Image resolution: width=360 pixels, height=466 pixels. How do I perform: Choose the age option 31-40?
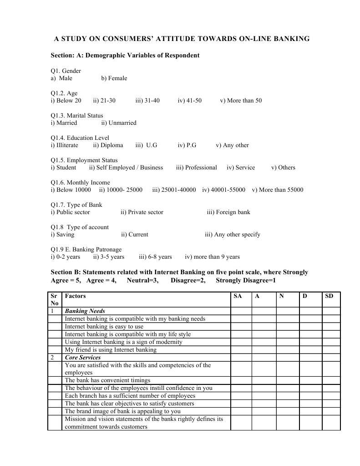[147, 101]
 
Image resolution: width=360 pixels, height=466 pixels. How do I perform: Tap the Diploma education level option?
[108, 145]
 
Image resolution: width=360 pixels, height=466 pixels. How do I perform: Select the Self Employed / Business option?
[126, 168]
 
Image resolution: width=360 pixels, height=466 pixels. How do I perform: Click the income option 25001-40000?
[174, 190]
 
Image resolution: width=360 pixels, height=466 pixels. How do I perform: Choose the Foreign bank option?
[228, 212]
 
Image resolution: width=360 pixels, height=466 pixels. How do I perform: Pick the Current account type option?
[134, 235]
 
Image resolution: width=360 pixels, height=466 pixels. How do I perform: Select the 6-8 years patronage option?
[155, 257]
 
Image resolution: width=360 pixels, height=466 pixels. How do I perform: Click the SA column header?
[238, 296]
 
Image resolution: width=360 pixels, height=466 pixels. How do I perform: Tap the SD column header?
[330, 296]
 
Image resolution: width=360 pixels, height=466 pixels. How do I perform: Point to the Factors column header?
[75, 296]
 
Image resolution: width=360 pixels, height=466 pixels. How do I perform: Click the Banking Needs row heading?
[85, 311]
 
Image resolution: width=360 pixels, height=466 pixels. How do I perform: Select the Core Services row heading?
[83, 358]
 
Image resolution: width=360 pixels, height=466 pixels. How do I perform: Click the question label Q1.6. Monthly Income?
[80, 183]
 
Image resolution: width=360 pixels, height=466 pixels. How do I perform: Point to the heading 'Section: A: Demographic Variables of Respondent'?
[125, 56]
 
